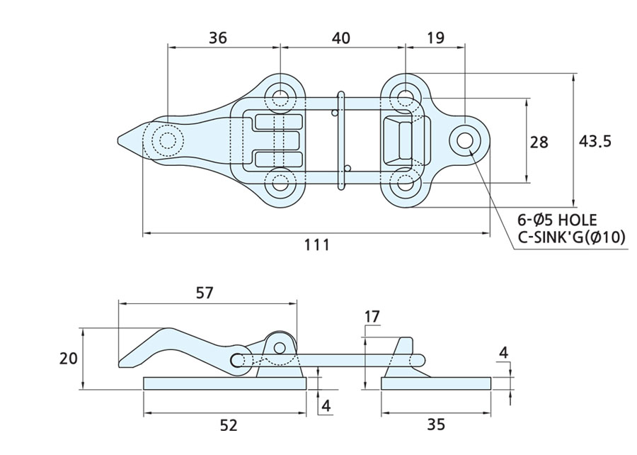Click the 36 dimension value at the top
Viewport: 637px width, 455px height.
217,38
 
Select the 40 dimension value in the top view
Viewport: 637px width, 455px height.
340,38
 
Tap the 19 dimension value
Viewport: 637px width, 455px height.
436,38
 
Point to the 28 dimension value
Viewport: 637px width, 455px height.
539,142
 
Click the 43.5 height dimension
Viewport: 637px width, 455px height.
595,141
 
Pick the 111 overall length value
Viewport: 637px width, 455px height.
316,245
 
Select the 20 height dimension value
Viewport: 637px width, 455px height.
68,359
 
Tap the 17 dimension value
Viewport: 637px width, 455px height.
373,315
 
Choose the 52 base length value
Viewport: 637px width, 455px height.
228,425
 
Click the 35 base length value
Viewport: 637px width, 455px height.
437,425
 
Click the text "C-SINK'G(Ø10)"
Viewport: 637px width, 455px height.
572,238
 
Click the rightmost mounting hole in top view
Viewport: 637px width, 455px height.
464,140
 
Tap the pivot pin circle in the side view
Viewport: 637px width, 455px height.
281,347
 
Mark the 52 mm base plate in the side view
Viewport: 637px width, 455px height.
225,383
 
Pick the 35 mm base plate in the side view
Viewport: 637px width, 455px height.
436,383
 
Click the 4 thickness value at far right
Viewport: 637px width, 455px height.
503,352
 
